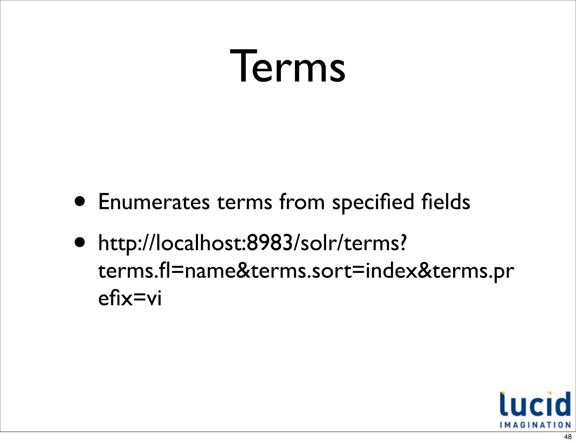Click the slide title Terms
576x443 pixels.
point(287,67)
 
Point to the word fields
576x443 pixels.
point(445,202)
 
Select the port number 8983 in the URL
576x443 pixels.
point(270,243)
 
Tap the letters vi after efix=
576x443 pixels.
point(154,299)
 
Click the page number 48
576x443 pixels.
point(568,437)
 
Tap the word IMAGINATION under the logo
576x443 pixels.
point(535,424)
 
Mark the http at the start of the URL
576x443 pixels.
point(117,243)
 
